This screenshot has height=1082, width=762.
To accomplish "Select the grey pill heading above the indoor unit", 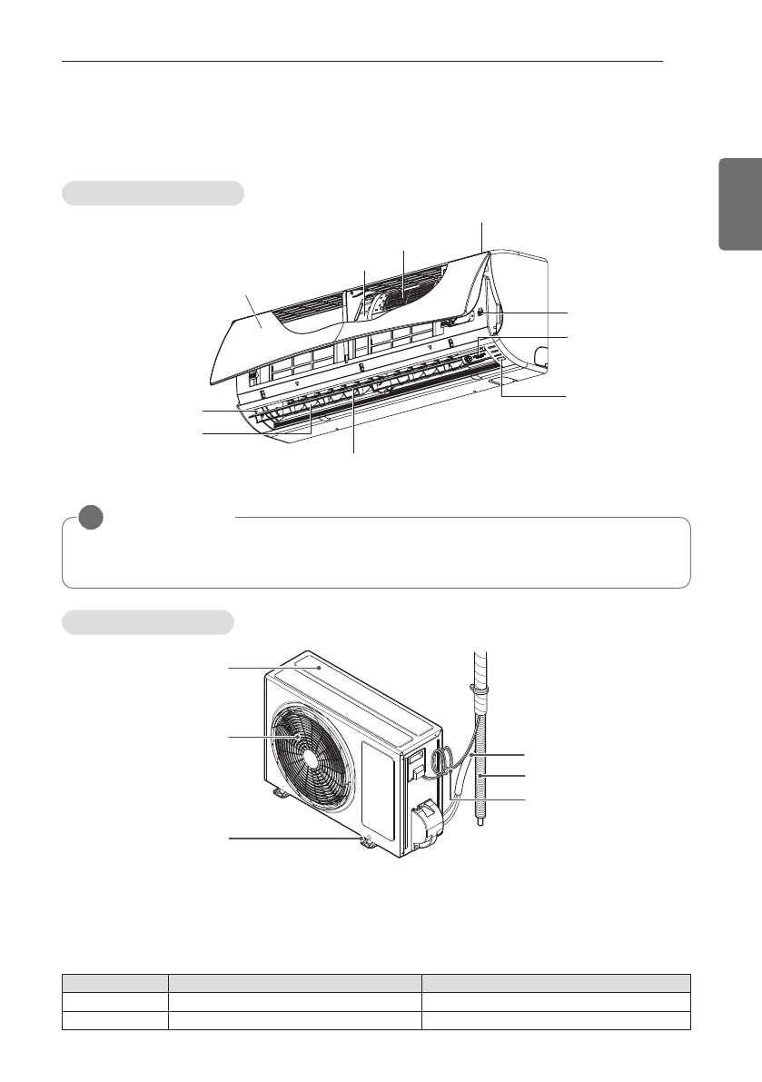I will pyautogui.click(x=153, y=193).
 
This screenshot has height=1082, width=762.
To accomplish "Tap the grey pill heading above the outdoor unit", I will pyautogui.click(x=148, y=622).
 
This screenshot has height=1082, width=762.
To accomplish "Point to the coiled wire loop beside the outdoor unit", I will pyautogui.click(x=441, y=759).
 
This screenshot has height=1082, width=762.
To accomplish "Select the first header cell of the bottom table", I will pyautogui.click(x=115, y=982).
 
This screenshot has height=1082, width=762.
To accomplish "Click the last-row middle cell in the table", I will pyautogui.click(x=295, y=1018).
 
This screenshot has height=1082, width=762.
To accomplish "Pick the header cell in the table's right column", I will pyautogui.click(x=556, y=982).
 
